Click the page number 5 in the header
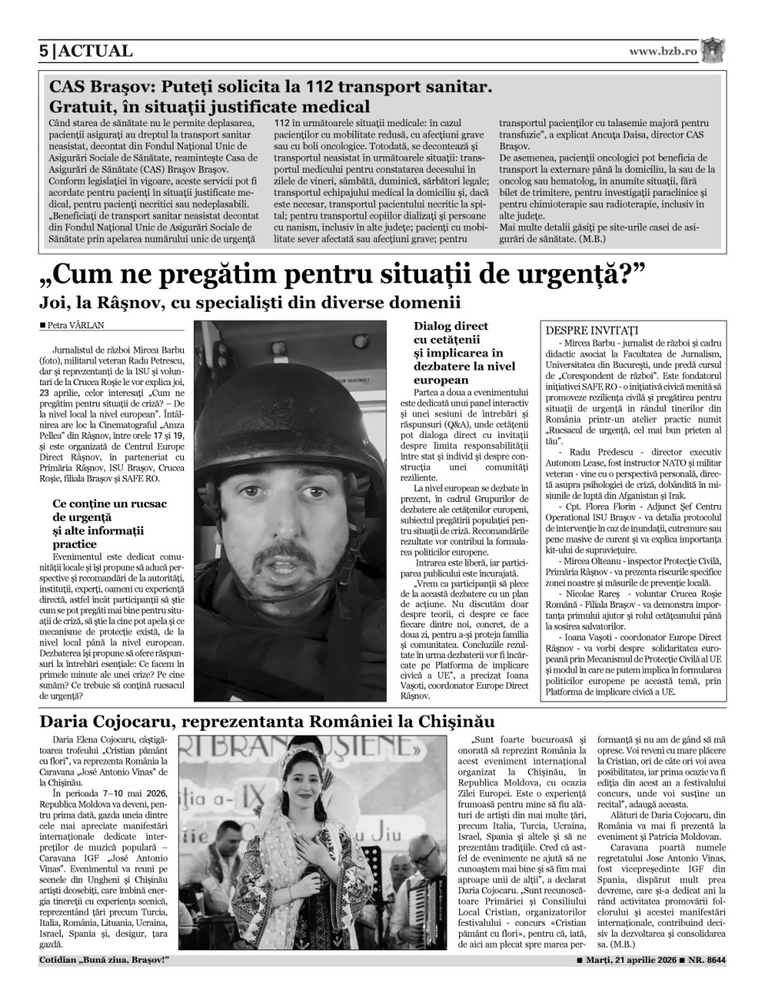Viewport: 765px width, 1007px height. point(44,51)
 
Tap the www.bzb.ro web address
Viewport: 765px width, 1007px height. point(663,51)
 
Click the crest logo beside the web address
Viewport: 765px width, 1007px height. point(714,50)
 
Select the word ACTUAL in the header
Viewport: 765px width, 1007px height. point(96,51)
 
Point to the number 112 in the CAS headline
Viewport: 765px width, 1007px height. point(320,86)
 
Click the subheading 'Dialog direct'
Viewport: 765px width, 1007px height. point(450,326)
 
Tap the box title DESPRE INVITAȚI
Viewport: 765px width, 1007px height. point(591,330)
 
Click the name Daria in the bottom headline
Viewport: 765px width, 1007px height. point(67,721)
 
